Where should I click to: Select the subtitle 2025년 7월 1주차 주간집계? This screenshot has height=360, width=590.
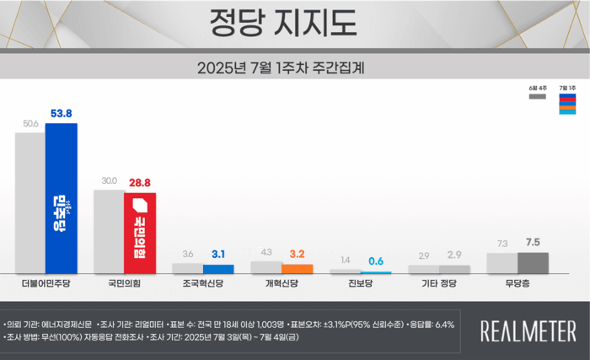click(x=294, y=66)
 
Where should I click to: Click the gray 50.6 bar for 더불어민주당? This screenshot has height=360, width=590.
click(x=30, y=202)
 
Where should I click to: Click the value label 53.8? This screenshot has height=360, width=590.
click(x=62, y=113)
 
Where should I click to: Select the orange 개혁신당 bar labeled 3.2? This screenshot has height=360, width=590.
click(x=298, y=268)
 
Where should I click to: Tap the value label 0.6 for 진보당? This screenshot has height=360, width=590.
click(x=377, y=261)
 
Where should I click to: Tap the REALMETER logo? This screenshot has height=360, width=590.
click(x=528, y=330)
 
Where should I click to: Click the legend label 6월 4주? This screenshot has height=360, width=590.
click(x=538, y=87)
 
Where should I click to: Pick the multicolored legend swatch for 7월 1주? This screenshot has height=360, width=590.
click(x=569, y=105)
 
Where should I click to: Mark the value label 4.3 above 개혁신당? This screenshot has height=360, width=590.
click(x=266, y=252)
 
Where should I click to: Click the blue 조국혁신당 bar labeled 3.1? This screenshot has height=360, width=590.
click(x=218, y=268)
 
